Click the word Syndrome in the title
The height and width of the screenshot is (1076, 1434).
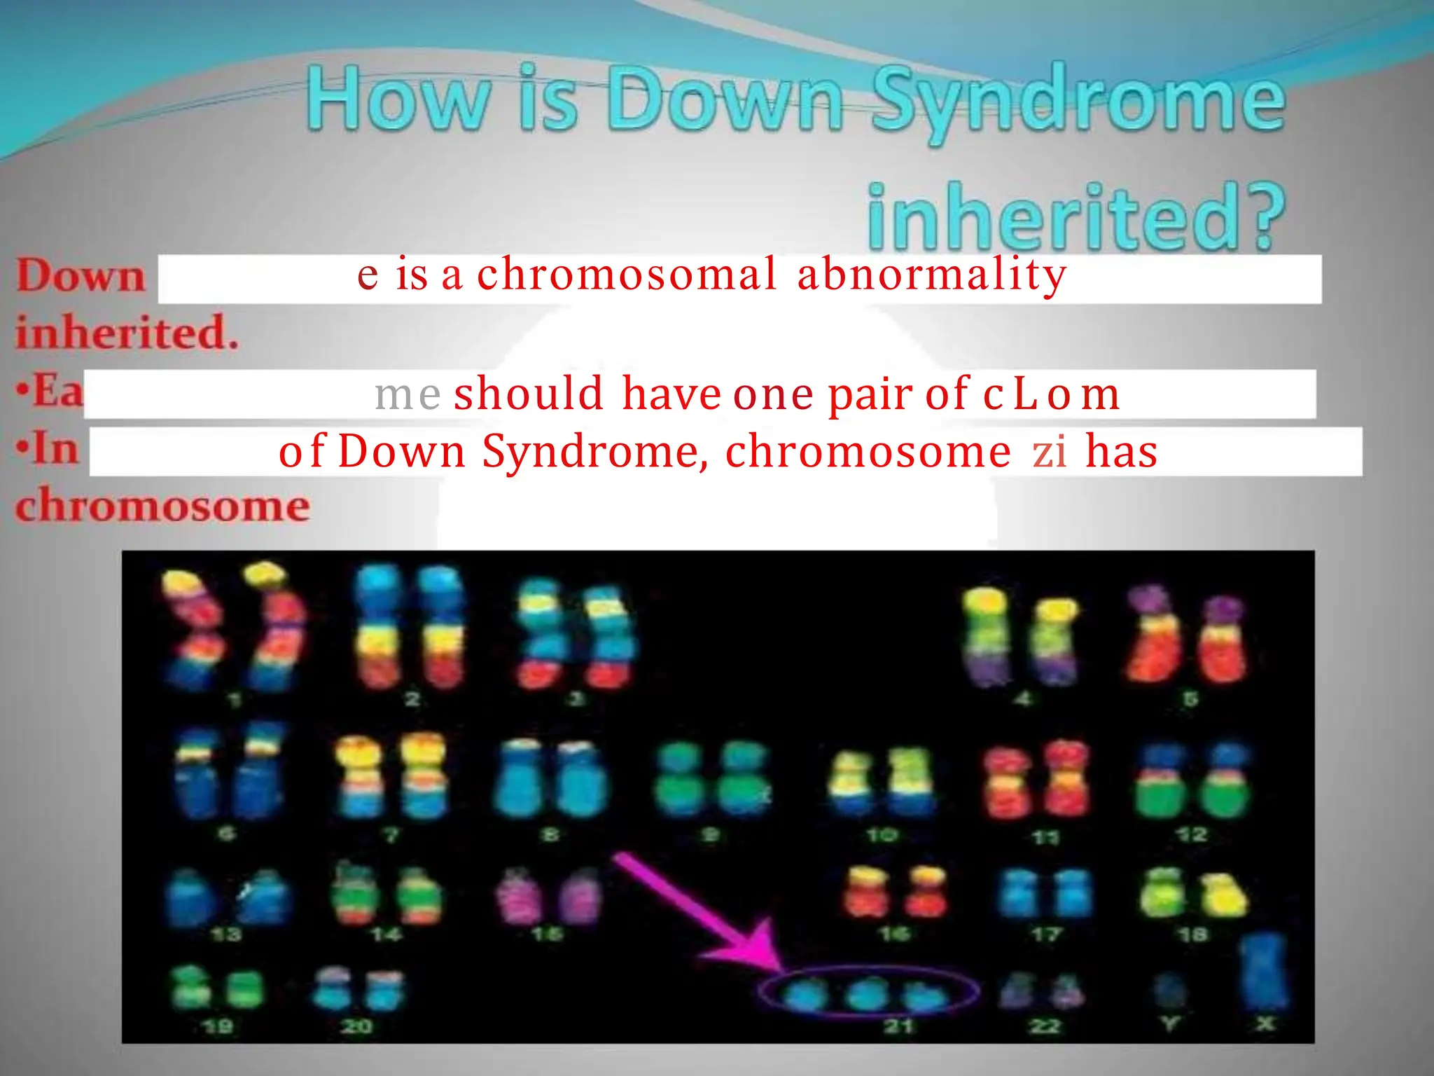click(1078, 102)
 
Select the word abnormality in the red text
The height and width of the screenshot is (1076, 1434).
click(931, 275)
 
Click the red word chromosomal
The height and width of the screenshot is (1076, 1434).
click(627, 275)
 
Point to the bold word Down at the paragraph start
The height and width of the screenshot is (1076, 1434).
click(81, 276)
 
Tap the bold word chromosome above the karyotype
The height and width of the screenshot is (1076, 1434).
click(162, 506)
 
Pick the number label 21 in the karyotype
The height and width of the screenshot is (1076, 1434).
click(898, 1026)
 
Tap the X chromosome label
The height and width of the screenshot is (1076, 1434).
click(1265, 1024)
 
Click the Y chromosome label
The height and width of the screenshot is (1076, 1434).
click(1169, 1024)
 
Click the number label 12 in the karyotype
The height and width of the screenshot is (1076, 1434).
click(1192, 834)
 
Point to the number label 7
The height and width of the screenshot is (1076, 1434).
click(391, 834)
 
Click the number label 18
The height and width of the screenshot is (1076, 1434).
click(1192, 934)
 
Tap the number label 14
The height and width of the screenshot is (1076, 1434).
click(386, 934)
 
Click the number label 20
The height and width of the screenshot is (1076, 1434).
click(356, 1026)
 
